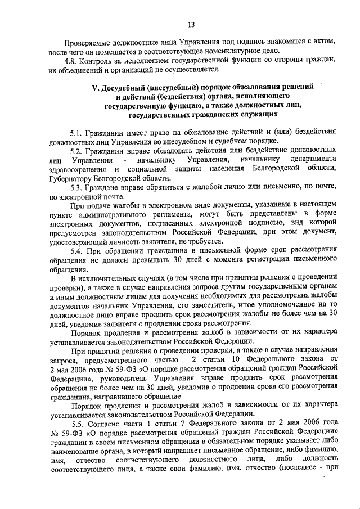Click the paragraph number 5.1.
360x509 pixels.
(x=76, y=133)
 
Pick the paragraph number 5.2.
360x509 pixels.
(x=76, y=151)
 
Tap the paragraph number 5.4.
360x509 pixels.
(x=76, y=250)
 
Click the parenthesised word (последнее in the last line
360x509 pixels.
(x=294, y=466)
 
